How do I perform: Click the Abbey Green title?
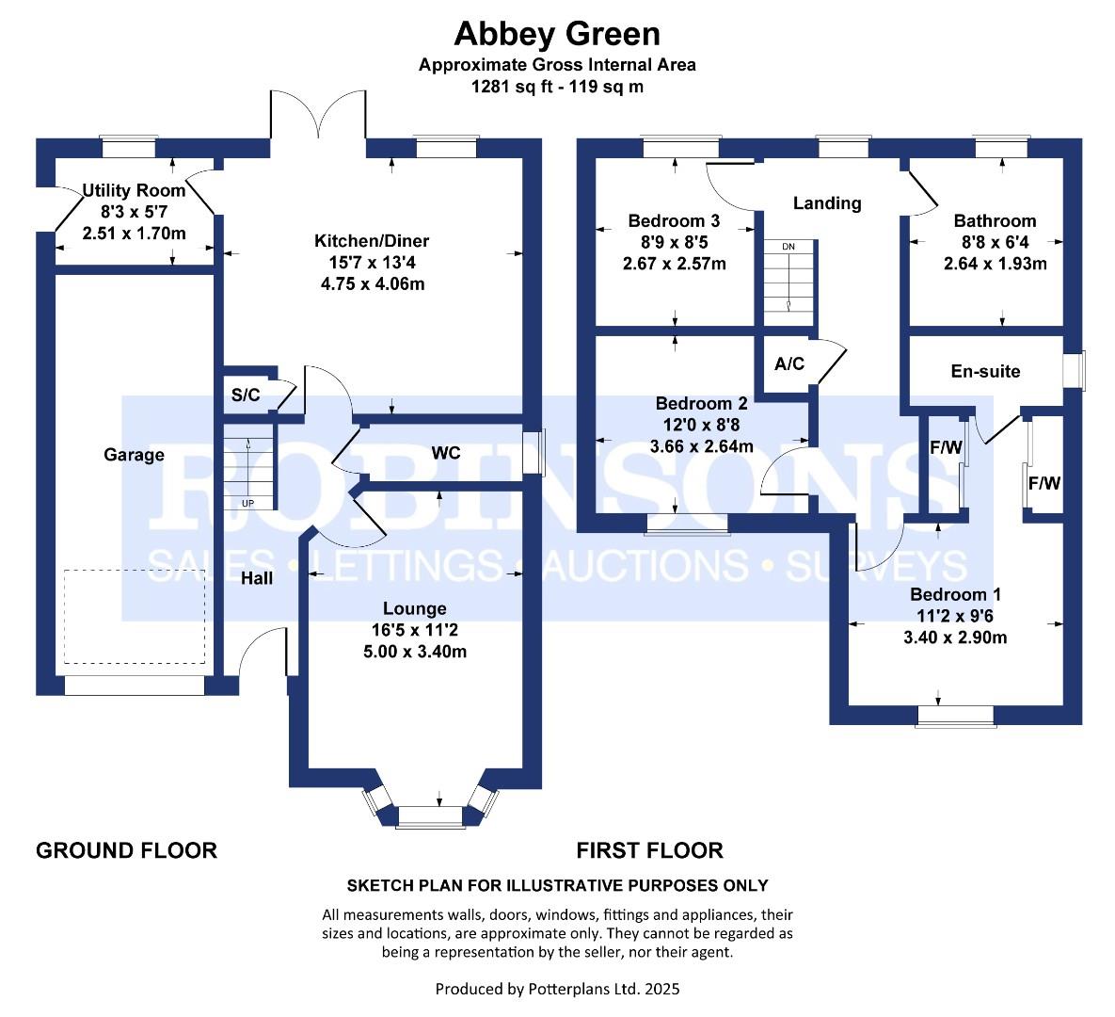tap(557, 34)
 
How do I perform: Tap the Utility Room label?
tap(134, 191)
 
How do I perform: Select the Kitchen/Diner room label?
tap(372, 240)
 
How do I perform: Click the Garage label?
tap(134, 455)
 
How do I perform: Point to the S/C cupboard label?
tap(246, 395)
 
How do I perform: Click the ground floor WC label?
tap(446, 453)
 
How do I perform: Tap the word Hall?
tap(257, 578)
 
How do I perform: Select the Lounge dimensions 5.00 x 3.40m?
tap(415, 652)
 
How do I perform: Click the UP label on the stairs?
tap(247, 504)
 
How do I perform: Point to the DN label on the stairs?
tap(788, 247)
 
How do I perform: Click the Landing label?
tap(827, 203)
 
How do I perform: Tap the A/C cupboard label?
tap(789, 363)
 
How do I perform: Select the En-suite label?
tap(985, 371)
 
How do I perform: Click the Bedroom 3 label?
tap(674, 220)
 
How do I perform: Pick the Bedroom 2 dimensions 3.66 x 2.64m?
tap(701, 447)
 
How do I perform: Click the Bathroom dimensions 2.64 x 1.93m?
tap(995, 264)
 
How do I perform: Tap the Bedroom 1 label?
tap(955, 594)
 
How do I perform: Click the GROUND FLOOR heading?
tap(127, 850)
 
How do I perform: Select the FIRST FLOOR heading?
tap(649, 850)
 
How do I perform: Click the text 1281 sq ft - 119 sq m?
tap(557, 87)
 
